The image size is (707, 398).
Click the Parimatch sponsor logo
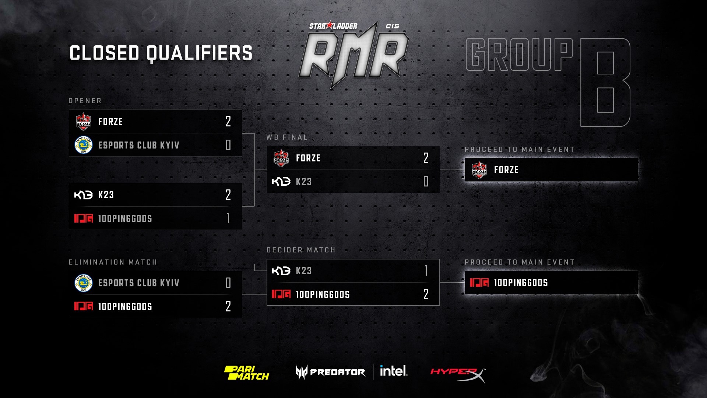point(247,373)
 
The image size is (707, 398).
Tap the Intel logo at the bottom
point(394,371)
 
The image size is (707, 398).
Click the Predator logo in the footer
point(330,372)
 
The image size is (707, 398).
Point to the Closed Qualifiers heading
point(161,53)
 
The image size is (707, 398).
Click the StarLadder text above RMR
point(333,26)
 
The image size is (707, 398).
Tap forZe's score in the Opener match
point(228,121)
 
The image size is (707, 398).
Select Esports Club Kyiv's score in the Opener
point(228,145)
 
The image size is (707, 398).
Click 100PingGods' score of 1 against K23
point(228,218)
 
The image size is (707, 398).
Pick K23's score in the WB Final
point(426,181)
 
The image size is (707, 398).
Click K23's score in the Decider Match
point(426,271)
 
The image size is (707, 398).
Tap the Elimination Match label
point(113,262)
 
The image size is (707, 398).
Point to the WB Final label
point(287,137)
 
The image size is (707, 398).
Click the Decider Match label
point(301,250)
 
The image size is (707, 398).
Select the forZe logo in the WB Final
point(281,158)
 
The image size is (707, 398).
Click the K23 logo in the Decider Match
point(281,271)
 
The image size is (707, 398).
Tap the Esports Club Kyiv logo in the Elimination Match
point(83,283)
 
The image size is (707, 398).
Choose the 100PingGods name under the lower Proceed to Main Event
point(521,283)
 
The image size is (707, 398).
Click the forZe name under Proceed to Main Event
point(506,170)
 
